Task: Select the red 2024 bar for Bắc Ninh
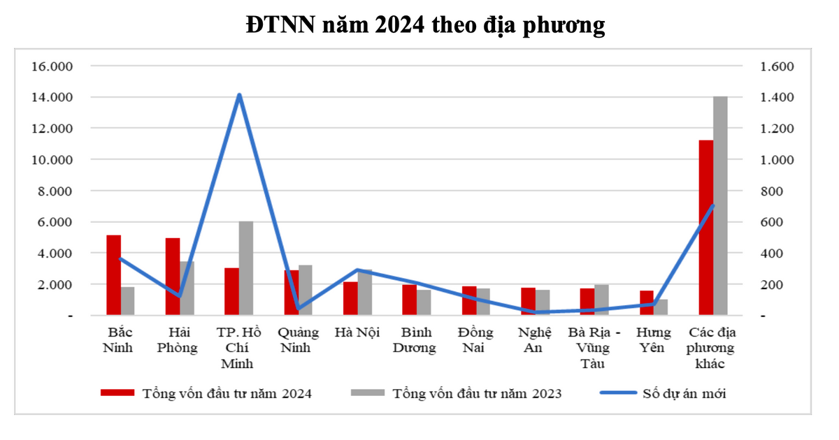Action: point(113,275)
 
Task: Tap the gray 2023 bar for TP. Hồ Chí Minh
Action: point(246,268)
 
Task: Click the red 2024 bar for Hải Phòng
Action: point(173,277)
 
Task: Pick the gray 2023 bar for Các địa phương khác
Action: point(720,206)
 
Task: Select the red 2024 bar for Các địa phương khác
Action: point(706,228)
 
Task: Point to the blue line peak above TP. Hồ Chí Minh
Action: point(239,95)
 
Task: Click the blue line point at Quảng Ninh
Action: point(299,308)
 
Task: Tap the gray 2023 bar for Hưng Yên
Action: point(661,307)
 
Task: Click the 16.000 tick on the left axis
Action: point(52,66)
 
